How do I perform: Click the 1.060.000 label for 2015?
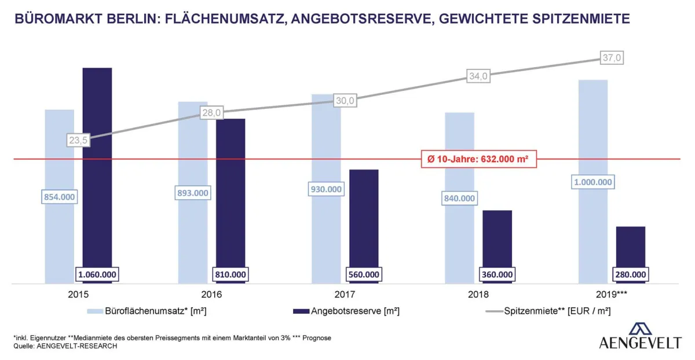pyautogui.click(x=97, y=274)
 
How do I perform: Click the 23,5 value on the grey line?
pyautogui.click(x=77, y=140)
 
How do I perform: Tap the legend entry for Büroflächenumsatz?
pyautogui.click(x=147, y=311)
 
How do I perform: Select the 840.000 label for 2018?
pyautogui.click(x=459, y=199)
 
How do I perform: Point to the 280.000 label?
pyautogui.click(x=630, y=274)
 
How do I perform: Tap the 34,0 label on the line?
pyautogui.click(x=478, y=76)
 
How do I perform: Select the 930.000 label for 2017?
pyautogui.click(x=326, y=189)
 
